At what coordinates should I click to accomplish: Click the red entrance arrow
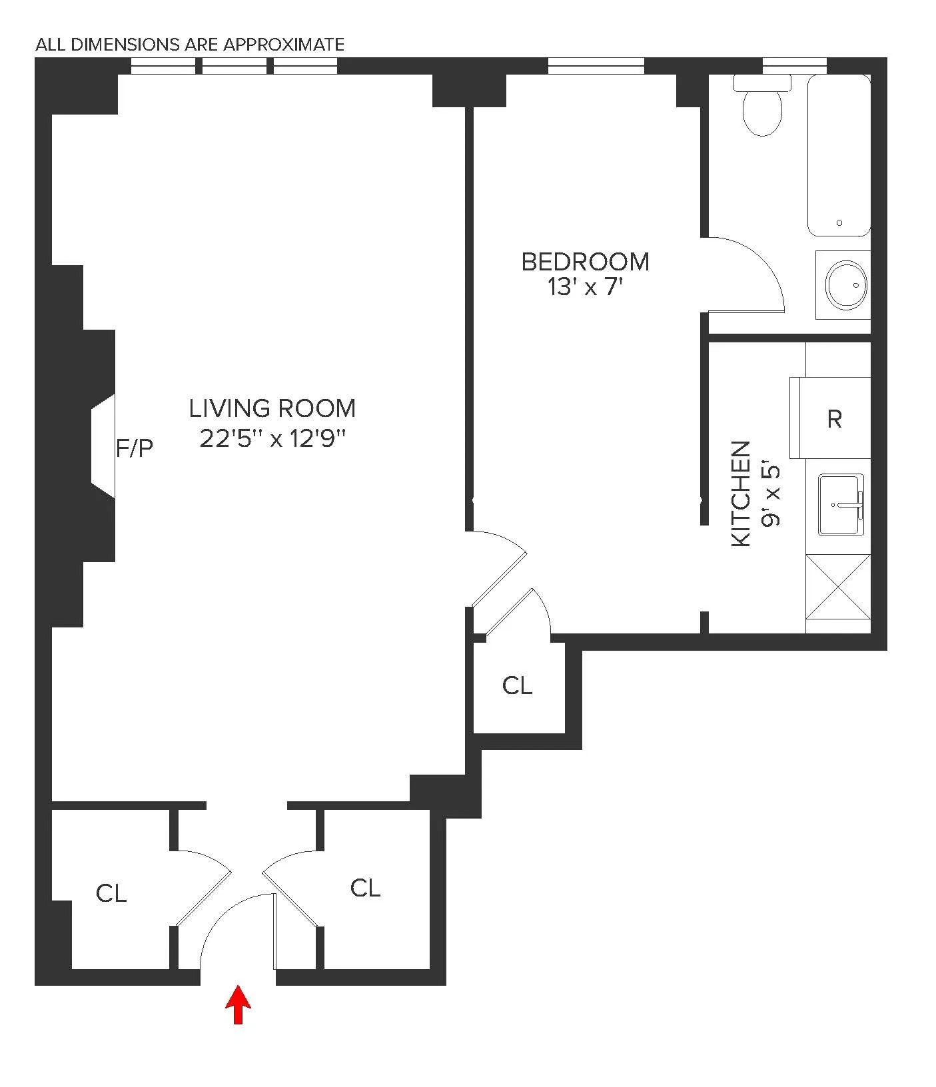238,1004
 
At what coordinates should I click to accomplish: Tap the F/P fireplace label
135,448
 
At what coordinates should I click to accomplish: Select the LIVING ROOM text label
272,408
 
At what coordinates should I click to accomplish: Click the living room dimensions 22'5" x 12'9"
273,438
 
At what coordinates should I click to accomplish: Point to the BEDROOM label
585,262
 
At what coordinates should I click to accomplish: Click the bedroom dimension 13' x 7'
584,288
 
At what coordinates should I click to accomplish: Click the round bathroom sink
846,285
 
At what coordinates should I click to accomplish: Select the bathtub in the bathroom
839,155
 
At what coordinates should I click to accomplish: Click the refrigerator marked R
833,418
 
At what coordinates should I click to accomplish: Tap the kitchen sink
841,504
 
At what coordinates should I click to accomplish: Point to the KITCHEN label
741,494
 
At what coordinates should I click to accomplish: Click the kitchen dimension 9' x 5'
771,495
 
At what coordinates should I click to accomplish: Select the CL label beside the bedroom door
517,685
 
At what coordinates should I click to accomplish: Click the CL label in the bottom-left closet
111,893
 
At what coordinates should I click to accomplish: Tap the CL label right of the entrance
365,888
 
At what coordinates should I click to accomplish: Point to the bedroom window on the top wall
596,65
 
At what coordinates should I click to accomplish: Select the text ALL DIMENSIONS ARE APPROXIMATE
190,45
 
